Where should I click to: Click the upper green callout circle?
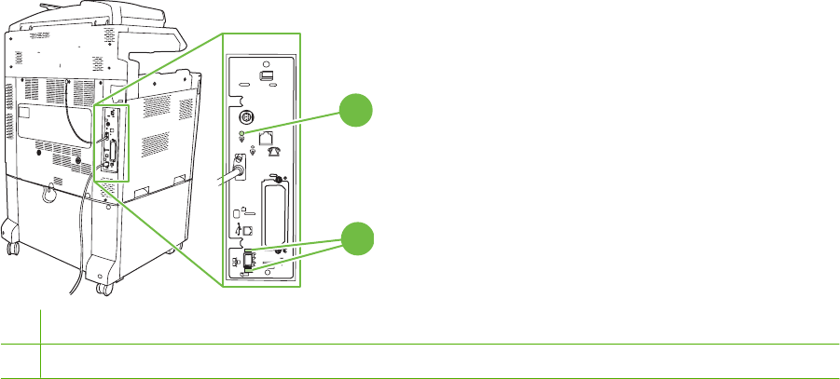355,111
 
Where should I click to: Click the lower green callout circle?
355,238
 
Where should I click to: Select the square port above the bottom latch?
246,233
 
